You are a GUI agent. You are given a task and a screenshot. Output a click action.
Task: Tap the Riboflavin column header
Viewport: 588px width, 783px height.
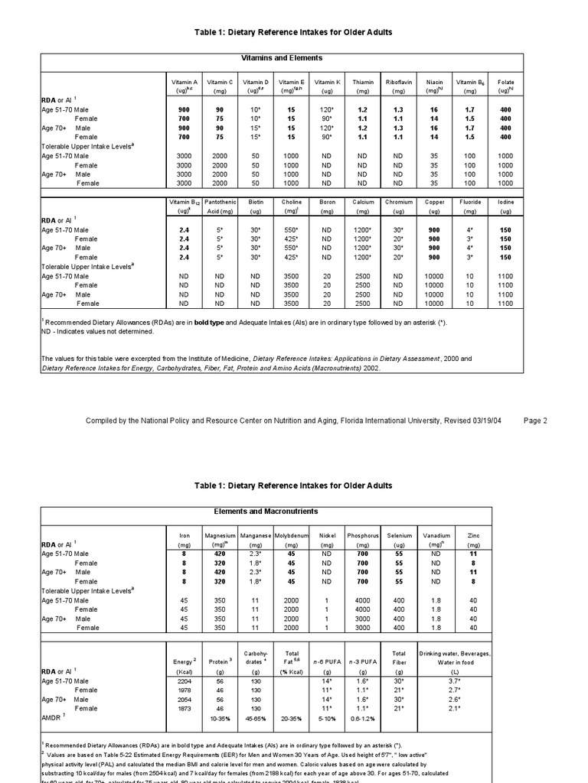pyautogui.click(x=398, y=82)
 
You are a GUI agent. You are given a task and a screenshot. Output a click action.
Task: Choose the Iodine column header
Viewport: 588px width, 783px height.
pyautogui.click(x=505, y=202)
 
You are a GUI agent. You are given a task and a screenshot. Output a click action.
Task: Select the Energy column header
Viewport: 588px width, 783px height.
pyautogui.click(x=184, y=661)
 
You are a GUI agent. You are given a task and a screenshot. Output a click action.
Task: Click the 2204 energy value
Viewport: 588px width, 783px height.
pyautogui.click(x=184, y=681)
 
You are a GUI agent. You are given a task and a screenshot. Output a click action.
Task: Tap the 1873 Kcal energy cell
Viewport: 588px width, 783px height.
pyautogui.click(x=184, y=709)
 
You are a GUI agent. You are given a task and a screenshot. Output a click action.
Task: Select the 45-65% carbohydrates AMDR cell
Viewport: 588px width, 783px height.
pyautogui.click(x=255, y=720)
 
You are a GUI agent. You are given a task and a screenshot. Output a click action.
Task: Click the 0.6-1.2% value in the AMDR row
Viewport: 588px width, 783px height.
pyautogui.click(x=363, y=720)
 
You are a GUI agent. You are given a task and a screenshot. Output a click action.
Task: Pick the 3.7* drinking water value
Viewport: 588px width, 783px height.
pyautogui.click(x=454, y=681)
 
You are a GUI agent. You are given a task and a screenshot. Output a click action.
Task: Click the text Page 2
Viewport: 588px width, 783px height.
pyautogui.click(x=534, y=420)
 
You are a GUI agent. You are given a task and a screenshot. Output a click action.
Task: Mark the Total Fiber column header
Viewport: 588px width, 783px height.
pyautogui.click(x=398, y=656)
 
